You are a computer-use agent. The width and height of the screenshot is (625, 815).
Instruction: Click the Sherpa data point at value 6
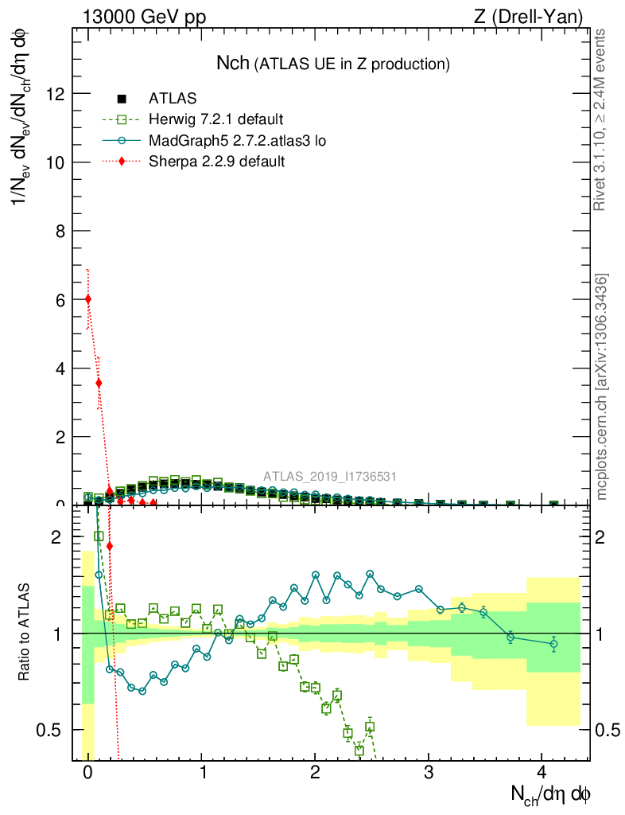(87, 298)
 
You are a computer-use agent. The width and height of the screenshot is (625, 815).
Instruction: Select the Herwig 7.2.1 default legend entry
(215, 120)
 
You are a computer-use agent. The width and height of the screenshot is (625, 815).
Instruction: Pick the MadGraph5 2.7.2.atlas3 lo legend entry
(237, 141)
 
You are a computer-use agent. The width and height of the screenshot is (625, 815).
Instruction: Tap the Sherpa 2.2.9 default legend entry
(217, 162)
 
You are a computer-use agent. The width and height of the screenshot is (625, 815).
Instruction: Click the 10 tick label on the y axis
(55, 162)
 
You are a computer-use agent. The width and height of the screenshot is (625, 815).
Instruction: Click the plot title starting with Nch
(333, 64)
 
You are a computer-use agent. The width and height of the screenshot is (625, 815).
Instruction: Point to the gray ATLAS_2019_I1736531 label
(330, 477)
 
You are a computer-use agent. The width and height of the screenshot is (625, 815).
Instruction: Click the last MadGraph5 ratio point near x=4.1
(553, 644)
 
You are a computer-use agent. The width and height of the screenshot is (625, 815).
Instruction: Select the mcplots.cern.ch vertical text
(602, 388)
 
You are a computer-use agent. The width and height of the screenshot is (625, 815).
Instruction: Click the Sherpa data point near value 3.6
(99, 383)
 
